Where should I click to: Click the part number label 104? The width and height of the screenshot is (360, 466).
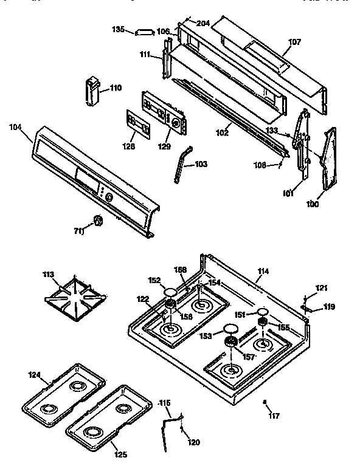click(15, 127)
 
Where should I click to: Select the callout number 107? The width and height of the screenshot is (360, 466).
click(294, 43)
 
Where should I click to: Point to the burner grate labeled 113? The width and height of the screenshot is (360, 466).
click(77, 297)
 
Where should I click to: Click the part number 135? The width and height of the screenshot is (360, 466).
click(119, 29)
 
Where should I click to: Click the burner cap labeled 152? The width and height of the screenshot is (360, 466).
click(170, 292)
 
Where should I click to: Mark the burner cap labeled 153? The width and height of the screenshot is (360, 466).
click(230, 331)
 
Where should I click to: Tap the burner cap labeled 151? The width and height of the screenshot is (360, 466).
click(263, 314)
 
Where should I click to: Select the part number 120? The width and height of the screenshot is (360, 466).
click(194, 442)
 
